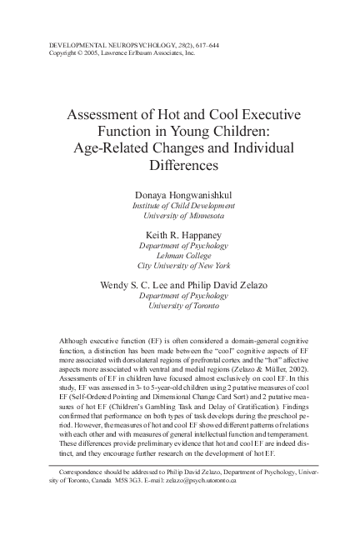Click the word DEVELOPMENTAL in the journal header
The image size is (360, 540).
(x=71, y=44)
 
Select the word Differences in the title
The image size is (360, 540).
(x=180, y=165)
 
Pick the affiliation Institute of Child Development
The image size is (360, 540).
(x=180, y=204)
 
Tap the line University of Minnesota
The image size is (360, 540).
(x=180, y=215)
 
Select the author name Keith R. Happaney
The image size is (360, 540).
(x=180, y=236)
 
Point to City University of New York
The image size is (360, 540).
(x=180, y=267)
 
